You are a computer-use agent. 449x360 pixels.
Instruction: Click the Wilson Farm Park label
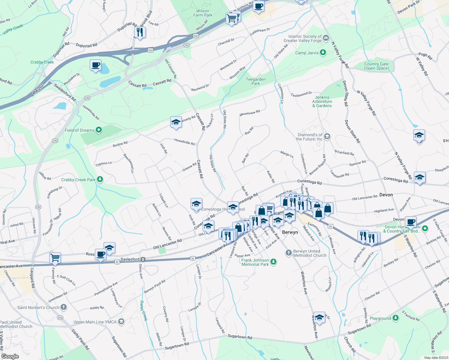[x=203, y=13]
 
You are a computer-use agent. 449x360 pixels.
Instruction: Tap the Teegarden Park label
[x=256, y=81]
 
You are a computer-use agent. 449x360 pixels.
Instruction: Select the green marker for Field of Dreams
[x=99, y=130]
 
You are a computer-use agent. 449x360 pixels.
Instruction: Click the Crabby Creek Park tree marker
[x=100, y=180]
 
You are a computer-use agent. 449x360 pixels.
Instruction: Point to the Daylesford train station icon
[x=143, y=259]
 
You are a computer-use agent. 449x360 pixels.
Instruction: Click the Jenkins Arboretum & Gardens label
[x=322, y=101]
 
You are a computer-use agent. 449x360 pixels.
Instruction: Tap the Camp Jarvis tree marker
[x=323, y=53]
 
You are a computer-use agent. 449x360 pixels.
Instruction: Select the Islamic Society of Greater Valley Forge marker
[x=326, y=38]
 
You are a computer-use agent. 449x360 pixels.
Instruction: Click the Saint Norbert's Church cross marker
[x=63, y=307]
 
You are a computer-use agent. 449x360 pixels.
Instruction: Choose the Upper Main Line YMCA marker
[x=121, y=322]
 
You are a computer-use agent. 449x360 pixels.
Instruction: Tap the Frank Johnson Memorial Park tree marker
[x=273, y=262]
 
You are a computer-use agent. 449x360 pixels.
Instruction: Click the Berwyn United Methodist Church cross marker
[x=288, y=253]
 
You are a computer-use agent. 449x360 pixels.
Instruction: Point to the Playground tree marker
[x=396, y=318]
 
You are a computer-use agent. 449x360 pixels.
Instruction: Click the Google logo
[x=10, y=356]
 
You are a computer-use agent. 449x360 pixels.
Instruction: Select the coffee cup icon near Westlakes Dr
[x=95, y=65]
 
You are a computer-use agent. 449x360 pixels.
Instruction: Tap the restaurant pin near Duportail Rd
[x=140, y=32]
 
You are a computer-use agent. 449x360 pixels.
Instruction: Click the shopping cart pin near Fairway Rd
[x=55, y=257]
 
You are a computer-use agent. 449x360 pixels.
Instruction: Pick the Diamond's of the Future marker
[x=327, y=137]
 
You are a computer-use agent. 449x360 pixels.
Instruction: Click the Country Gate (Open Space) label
[x=376, y=66]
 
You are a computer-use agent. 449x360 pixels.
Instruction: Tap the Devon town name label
[x=386, y=195]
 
